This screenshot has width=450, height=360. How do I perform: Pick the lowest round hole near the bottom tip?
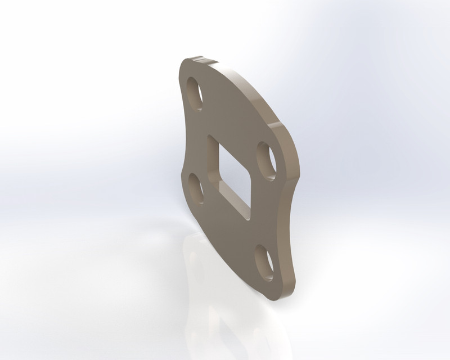click(x=264, y=260)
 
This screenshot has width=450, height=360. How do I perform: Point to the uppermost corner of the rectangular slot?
click(x=210, y=136)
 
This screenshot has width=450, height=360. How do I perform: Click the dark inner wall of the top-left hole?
click(x=191, y=93)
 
